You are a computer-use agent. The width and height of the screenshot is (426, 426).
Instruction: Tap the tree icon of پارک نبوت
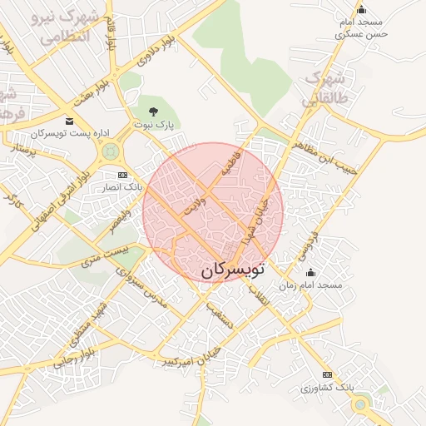(152, 110)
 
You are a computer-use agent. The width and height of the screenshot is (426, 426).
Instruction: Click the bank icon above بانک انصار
(123, 175)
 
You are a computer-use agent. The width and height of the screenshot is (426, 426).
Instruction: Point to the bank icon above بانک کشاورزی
(327, 375)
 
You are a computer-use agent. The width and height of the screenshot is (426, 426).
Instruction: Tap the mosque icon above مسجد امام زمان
(311, 272)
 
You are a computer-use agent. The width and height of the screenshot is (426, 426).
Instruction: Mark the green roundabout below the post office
(109, 151)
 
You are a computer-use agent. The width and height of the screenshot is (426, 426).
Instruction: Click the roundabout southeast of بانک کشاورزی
(359, 405)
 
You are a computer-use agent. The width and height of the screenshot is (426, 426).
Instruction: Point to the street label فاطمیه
(230, 162)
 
